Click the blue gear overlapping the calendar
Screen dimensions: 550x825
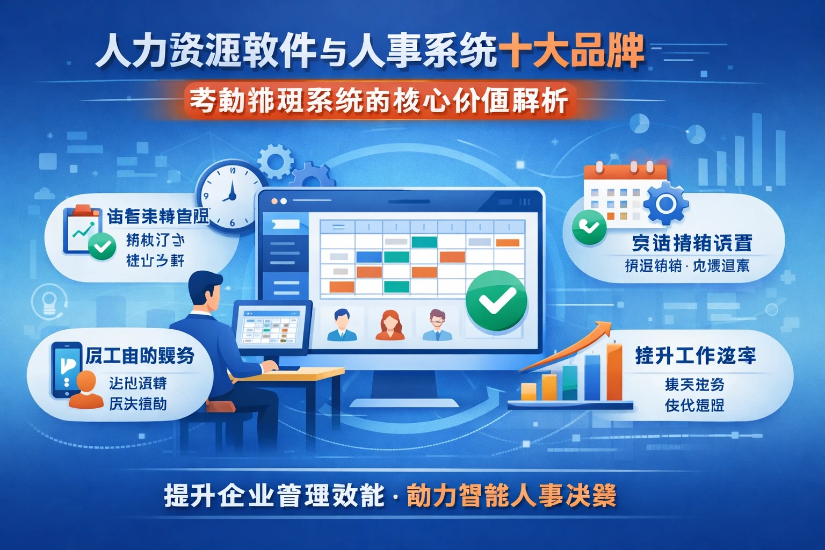[x=665, y=204]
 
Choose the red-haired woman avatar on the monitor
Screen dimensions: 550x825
[x=390, y=325]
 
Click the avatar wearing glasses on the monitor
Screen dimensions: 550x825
[x=437, y=324]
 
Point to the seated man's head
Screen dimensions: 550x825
[x=206, y=290]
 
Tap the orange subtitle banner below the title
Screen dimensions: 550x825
[x=379, y=100]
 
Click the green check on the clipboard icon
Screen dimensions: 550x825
[x=102, y=247]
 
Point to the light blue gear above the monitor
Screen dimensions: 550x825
[x=276, y=160]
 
